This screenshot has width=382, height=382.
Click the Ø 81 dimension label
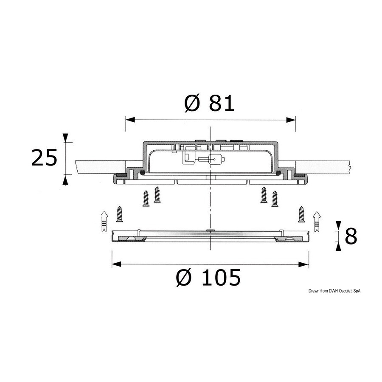pyautogui.click(x=209, y=104)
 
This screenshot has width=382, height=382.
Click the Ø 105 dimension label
pyautogui.click(x=208, y=277)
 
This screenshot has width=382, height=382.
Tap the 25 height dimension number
pyautogui.click(x=44, y=158)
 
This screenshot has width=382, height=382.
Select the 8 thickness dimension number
pyautogui.click(x=351, y=236)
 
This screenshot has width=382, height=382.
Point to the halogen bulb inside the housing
pyautogui.click(x=211, y=160)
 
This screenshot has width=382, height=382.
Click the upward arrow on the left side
pyautogui.click(x=104, y=221)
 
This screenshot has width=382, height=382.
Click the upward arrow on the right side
pyautogui.click(x=317, y=222)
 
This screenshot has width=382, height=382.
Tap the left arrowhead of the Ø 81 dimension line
pyautogui.click(x=130, y=120)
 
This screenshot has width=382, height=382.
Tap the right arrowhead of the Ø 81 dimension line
pyautogui.click(x=291, y=120)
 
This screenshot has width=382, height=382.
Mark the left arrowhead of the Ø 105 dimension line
pyautogui.click(x=116, y=264)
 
